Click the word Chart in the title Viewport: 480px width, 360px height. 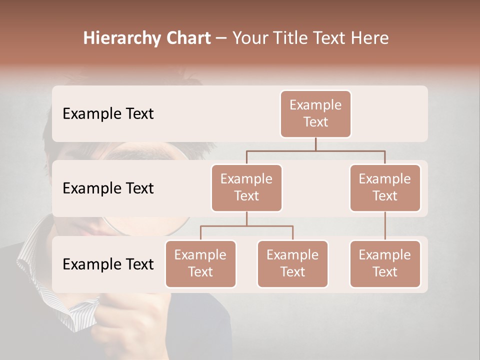(x=187, y=38)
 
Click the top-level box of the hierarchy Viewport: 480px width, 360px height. (x=315, y=114)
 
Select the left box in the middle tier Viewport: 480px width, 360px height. (x=246, y=187)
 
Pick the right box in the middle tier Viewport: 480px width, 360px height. (x=385, y=187)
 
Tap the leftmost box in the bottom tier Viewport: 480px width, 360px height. (x=200, y=263)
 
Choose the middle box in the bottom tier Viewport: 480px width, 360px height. (x=292, y=263)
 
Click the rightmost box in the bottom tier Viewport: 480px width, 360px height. (x=385, y=263)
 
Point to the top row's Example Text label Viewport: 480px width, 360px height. (x=108, y=114)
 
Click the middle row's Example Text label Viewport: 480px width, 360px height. (x=108, y=188)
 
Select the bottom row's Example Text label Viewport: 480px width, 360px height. (x=108, y=264)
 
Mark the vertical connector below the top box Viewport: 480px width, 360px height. (x=315, y=144)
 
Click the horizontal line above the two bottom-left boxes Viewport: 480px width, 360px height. (x=246, y=226)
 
